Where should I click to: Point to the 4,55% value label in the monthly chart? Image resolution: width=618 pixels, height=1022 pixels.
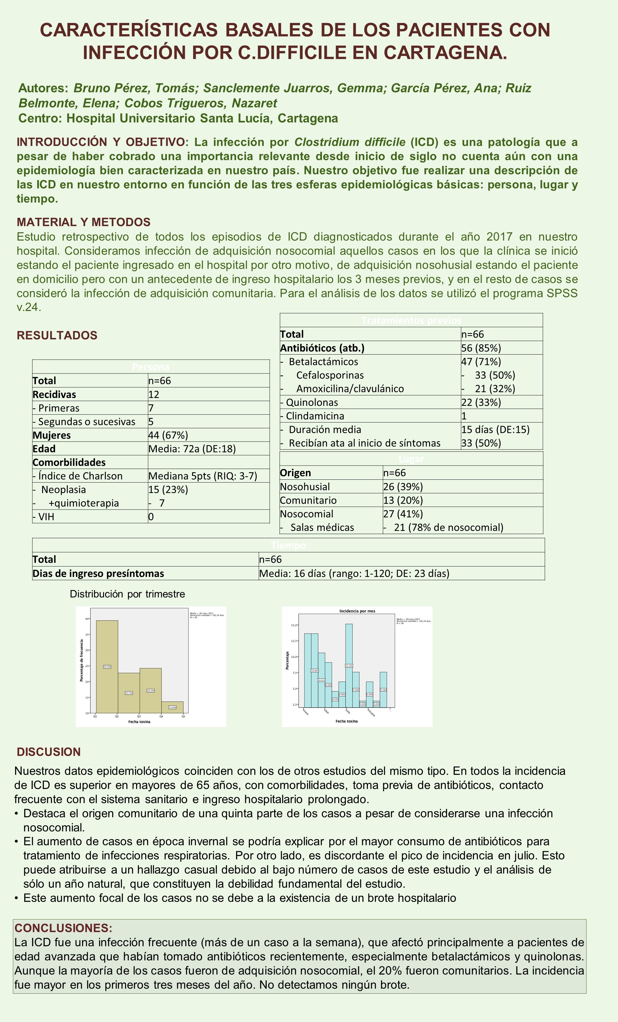(x=335, y=699)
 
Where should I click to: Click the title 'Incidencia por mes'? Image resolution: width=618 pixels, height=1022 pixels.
(x=357, y=611)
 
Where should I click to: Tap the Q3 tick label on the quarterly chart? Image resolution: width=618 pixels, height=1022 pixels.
(x=139, y=716)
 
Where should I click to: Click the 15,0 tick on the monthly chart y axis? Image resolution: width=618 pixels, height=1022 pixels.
(x=294, y=625)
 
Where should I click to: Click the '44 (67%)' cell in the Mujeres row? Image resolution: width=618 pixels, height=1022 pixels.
(x=168, y=435)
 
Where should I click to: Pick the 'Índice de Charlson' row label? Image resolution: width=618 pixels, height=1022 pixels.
(x=78, y=476)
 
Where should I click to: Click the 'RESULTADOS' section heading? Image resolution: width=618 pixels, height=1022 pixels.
(x=57, y=335)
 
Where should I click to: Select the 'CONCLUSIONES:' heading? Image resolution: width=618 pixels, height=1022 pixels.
(x=63, y=928)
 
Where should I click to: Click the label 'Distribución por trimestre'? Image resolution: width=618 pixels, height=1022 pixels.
(x=127, y=594)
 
